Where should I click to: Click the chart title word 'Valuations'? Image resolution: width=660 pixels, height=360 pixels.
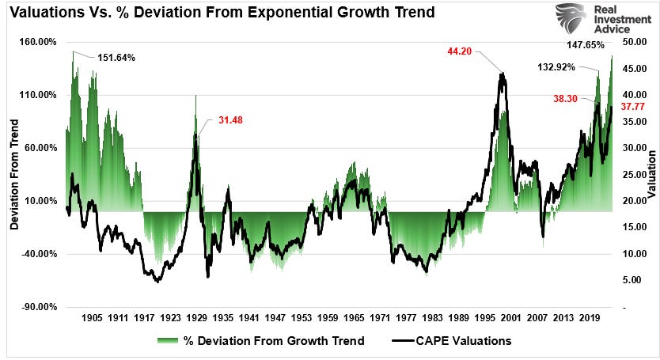tap(48, 12)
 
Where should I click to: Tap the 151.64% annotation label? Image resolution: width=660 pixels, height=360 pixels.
tap(116, 58)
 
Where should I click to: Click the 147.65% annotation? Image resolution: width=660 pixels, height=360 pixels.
tap(591, 45)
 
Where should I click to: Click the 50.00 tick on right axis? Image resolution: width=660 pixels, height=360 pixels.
tap(635, 42)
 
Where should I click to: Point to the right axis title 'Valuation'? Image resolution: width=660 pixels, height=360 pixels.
tap(651, 173)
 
